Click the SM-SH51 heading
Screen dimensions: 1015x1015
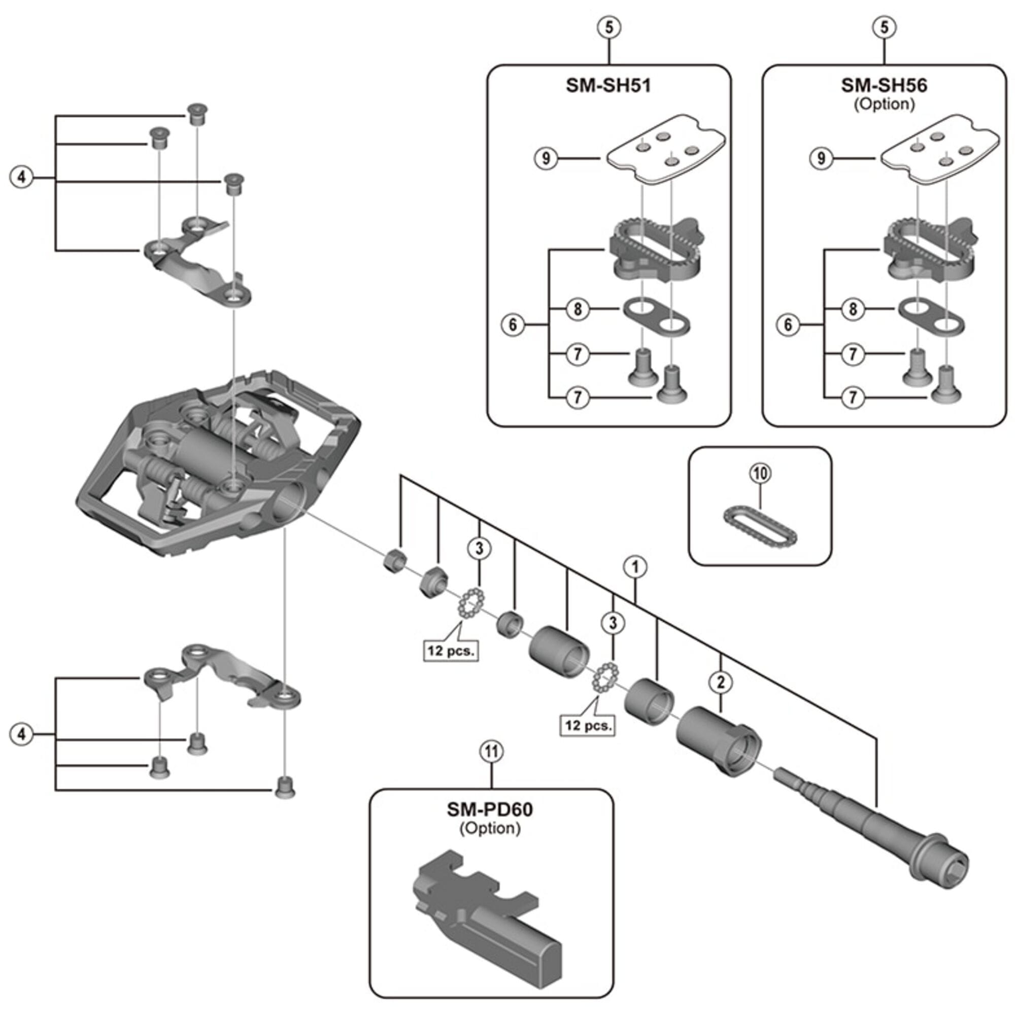[x=608, y=86]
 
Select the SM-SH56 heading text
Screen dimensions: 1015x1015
[x=884, y=86]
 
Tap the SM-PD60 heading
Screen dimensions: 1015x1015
[x=490, y=809]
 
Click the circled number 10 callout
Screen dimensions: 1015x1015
[x=760, y=473]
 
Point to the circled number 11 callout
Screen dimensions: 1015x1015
[x=491, y=752]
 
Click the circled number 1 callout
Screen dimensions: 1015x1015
[x=635, y=567]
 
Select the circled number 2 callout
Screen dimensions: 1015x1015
[x=721, y=682]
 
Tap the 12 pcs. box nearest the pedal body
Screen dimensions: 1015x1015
[x=451, y=651]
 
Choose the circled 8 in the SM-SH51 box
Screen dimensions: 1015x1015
[x=578, y=309]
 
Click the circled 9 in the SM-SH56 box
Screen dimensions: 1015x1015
[x=821, y=158]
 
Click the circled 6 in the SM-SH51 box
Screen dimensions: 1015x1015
[x=513, y=325]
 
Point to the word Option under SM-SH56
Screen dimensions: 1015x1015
[x=884, y=104]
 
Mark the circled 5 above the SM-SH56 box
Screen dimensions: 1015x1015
[x=884, y=27]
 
